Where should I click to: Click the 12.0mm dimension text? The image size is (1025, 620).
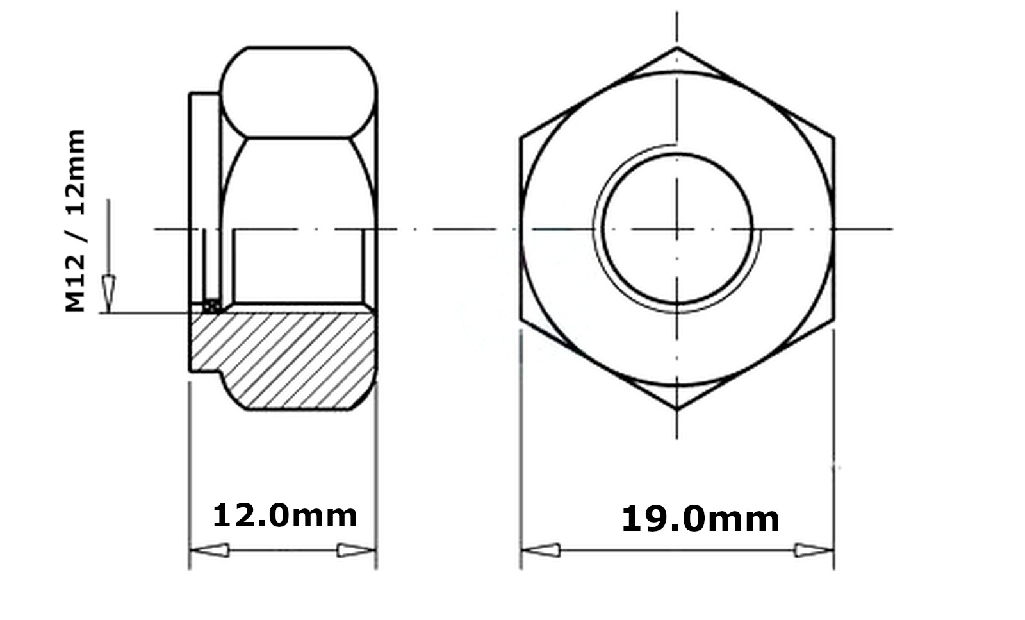click(x=284, y=515)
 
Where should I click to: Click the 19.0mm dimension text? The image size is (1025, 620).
click(x=700, y=519)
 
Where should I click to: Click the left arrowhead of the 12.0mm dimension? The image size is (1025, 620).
click(x=210, y=550)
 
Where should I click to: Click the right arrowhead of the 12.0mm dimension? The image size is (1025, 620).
click(x=356, y=550)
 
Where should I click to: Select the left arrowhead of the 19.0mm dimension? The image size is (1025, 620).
click(x=541, y=550)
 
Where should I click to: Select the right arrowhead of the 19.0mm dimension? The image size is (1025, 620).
click(x=814, y=550)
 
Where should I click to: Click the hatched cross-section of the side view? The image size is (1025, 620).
click(x=288, y=359)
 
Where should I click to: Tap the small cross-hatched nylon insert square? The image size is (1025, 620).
click(x=211, y=306)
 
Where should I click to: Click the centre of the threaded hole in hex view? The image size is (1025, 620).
click(x=677, y=228)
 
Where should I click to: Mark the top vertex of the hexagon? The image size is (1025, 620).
click(x=677, y=47)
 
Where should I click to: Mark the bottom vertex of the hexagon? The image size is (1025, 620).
click(x=677, y=409)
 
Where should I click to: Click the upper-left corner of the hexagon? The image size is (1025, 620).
click(x=521, y=137)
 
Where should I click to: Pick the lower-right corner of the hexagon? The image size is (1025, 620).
click(x=833, y=320)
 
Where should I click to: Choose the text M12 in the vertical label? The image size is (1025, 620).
click(x=76, y=282)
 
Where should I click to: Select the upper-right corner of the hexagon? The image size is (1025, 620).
click(x=833, y=137)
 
